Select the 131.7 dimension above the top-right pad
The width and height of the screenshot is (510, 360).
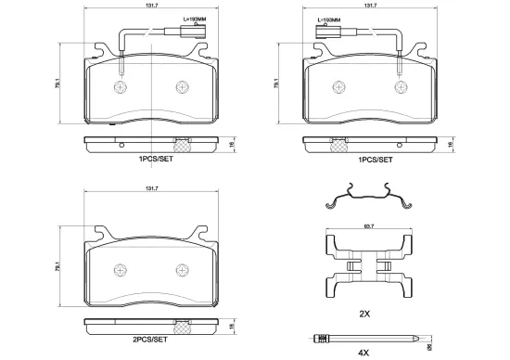point(372,6)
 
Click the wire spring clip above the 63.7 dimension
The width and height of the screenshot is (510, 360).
point(368,200)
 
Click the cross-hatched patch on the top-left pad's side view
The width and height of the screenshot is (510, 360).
point(183,144)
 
